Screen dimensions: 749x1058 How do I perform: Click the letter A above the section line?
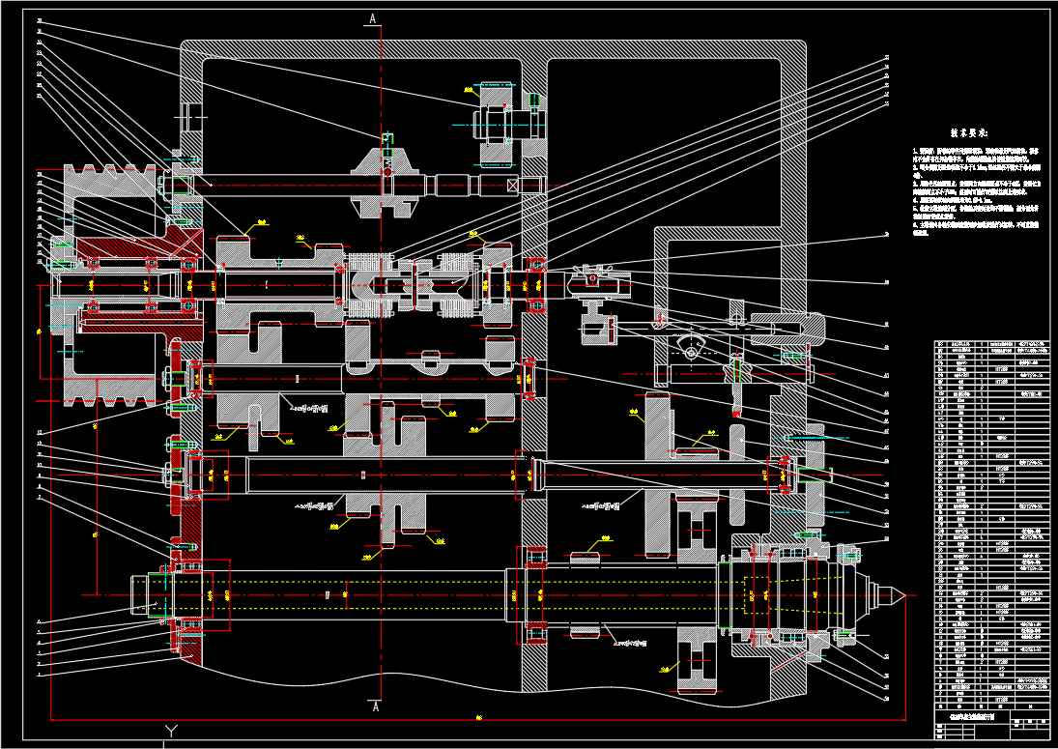tap(373, 18)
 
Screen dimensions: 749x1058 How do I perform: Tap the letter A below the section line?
tap(373, 707)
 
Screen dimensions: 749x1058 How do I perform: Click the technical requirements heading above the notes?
tap(975, 132)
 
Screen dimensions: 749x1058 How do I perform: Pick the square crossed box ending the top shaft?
tap(530, 185)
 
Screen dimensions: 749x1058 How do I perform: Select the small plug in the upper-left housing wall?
tap(192, 117)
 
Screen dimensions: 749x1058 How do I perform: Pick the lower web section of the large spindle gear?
tap(696, 666)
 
